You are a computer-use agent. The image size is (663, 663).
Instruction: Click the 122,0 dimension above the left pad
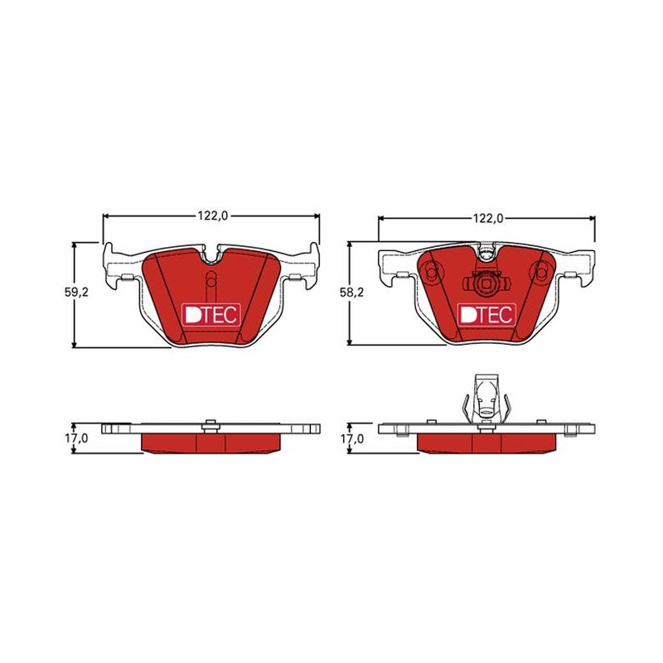coord(213,215)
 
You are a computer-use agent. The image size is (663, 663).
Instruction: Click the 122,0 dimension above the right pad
coord(488,218)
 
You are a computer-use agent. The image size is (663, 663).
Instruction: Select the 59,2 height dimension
coord(76,292)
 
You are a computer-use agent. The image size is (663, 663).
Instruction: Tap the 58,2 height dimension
coord(351,292)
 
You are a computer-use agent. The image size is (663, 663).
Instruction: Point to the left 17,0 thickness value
coord(76,438)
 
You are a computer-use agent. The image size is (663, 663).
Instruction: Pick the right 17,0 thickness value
coord(351,438)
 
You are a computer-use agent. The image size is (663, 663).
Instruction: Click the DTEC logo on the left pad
coord(211,315)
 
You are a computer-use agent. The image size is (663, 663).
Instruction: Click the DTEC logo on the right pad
coord(486,315)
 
